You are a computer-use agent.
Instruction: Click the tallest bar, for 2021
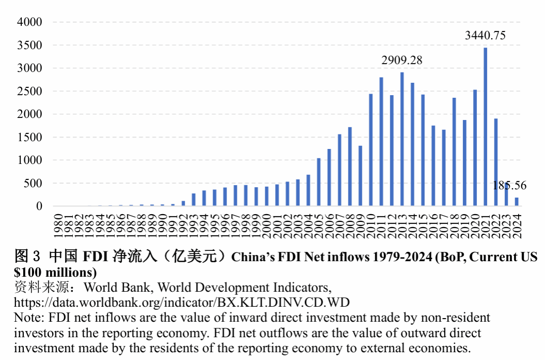485,127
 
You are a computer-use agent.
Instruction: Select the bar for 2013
402,139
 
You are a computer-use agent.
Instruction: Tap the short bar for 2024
517,202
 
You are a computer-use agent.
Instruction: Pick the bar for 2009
360,176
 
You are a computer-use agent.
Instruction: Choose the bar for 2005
319,182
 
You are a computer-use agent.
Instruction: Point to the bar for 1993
193,200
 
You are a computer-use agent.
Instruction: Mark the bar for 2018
454,152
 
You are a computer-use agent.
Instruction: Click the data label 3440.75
485,35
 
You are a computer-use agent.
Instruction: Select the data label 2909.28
402,60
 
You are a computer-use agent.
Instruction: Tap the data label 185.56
509,185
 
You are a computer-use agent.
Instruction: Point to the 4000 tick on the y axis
29,22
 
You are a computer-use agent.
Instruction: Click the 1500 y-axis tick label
29,137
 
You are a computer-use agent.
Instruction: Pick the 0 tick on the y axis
39,206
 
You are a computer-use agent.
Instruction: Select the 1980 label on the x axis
58,226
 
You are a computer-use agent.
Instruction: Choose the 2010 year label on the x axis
371,226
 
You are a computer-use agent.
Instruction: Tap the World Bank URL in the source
182,302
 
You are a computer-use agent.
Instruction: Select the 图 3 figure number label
27,257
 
